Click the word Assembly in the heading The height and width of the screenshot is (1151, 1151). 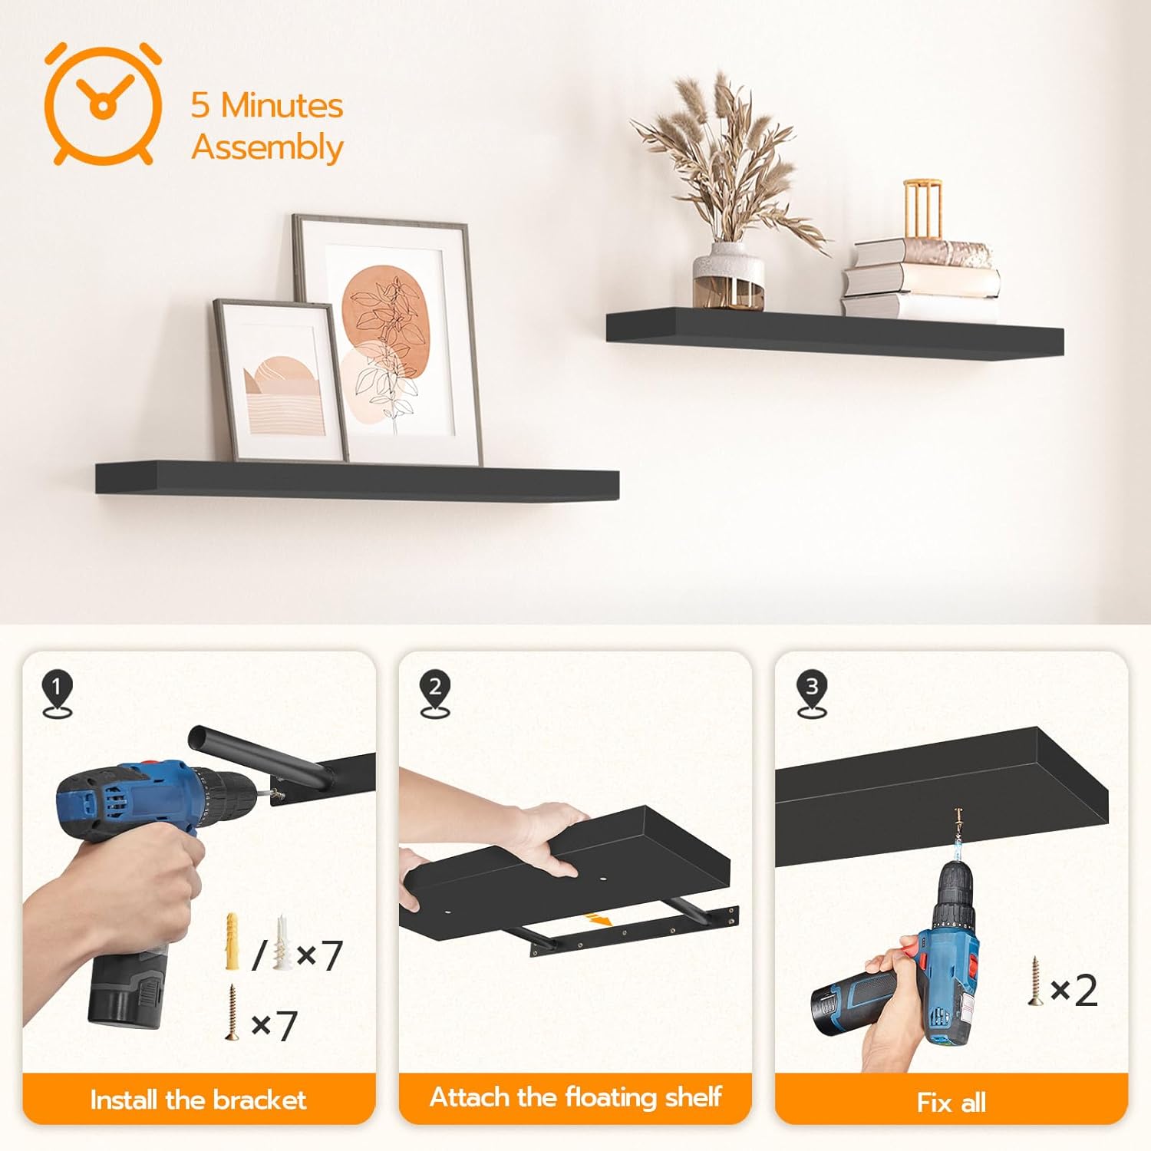(x=267, y=147)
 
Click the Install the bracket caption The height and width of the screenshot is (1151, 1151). (x=198, y=1100)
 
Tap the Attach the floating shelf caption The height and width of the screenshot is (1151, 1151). (x=575, y=1097)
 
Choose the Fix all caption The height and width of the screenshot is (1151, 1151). (x=951, y=1103)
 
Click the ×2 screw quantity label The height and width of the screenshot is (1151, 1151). (x=1074, y=991)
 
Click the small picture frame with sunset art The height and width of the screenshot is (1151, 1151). (x=279, y=380)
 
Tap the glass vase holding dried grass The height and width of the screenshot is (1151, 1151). (x=728, y=275)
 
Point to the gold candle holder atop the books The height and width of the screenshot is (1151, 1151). (x=922, y=210)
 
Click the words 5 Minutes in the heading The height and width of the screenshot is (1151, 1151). (x=267, y=105)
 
